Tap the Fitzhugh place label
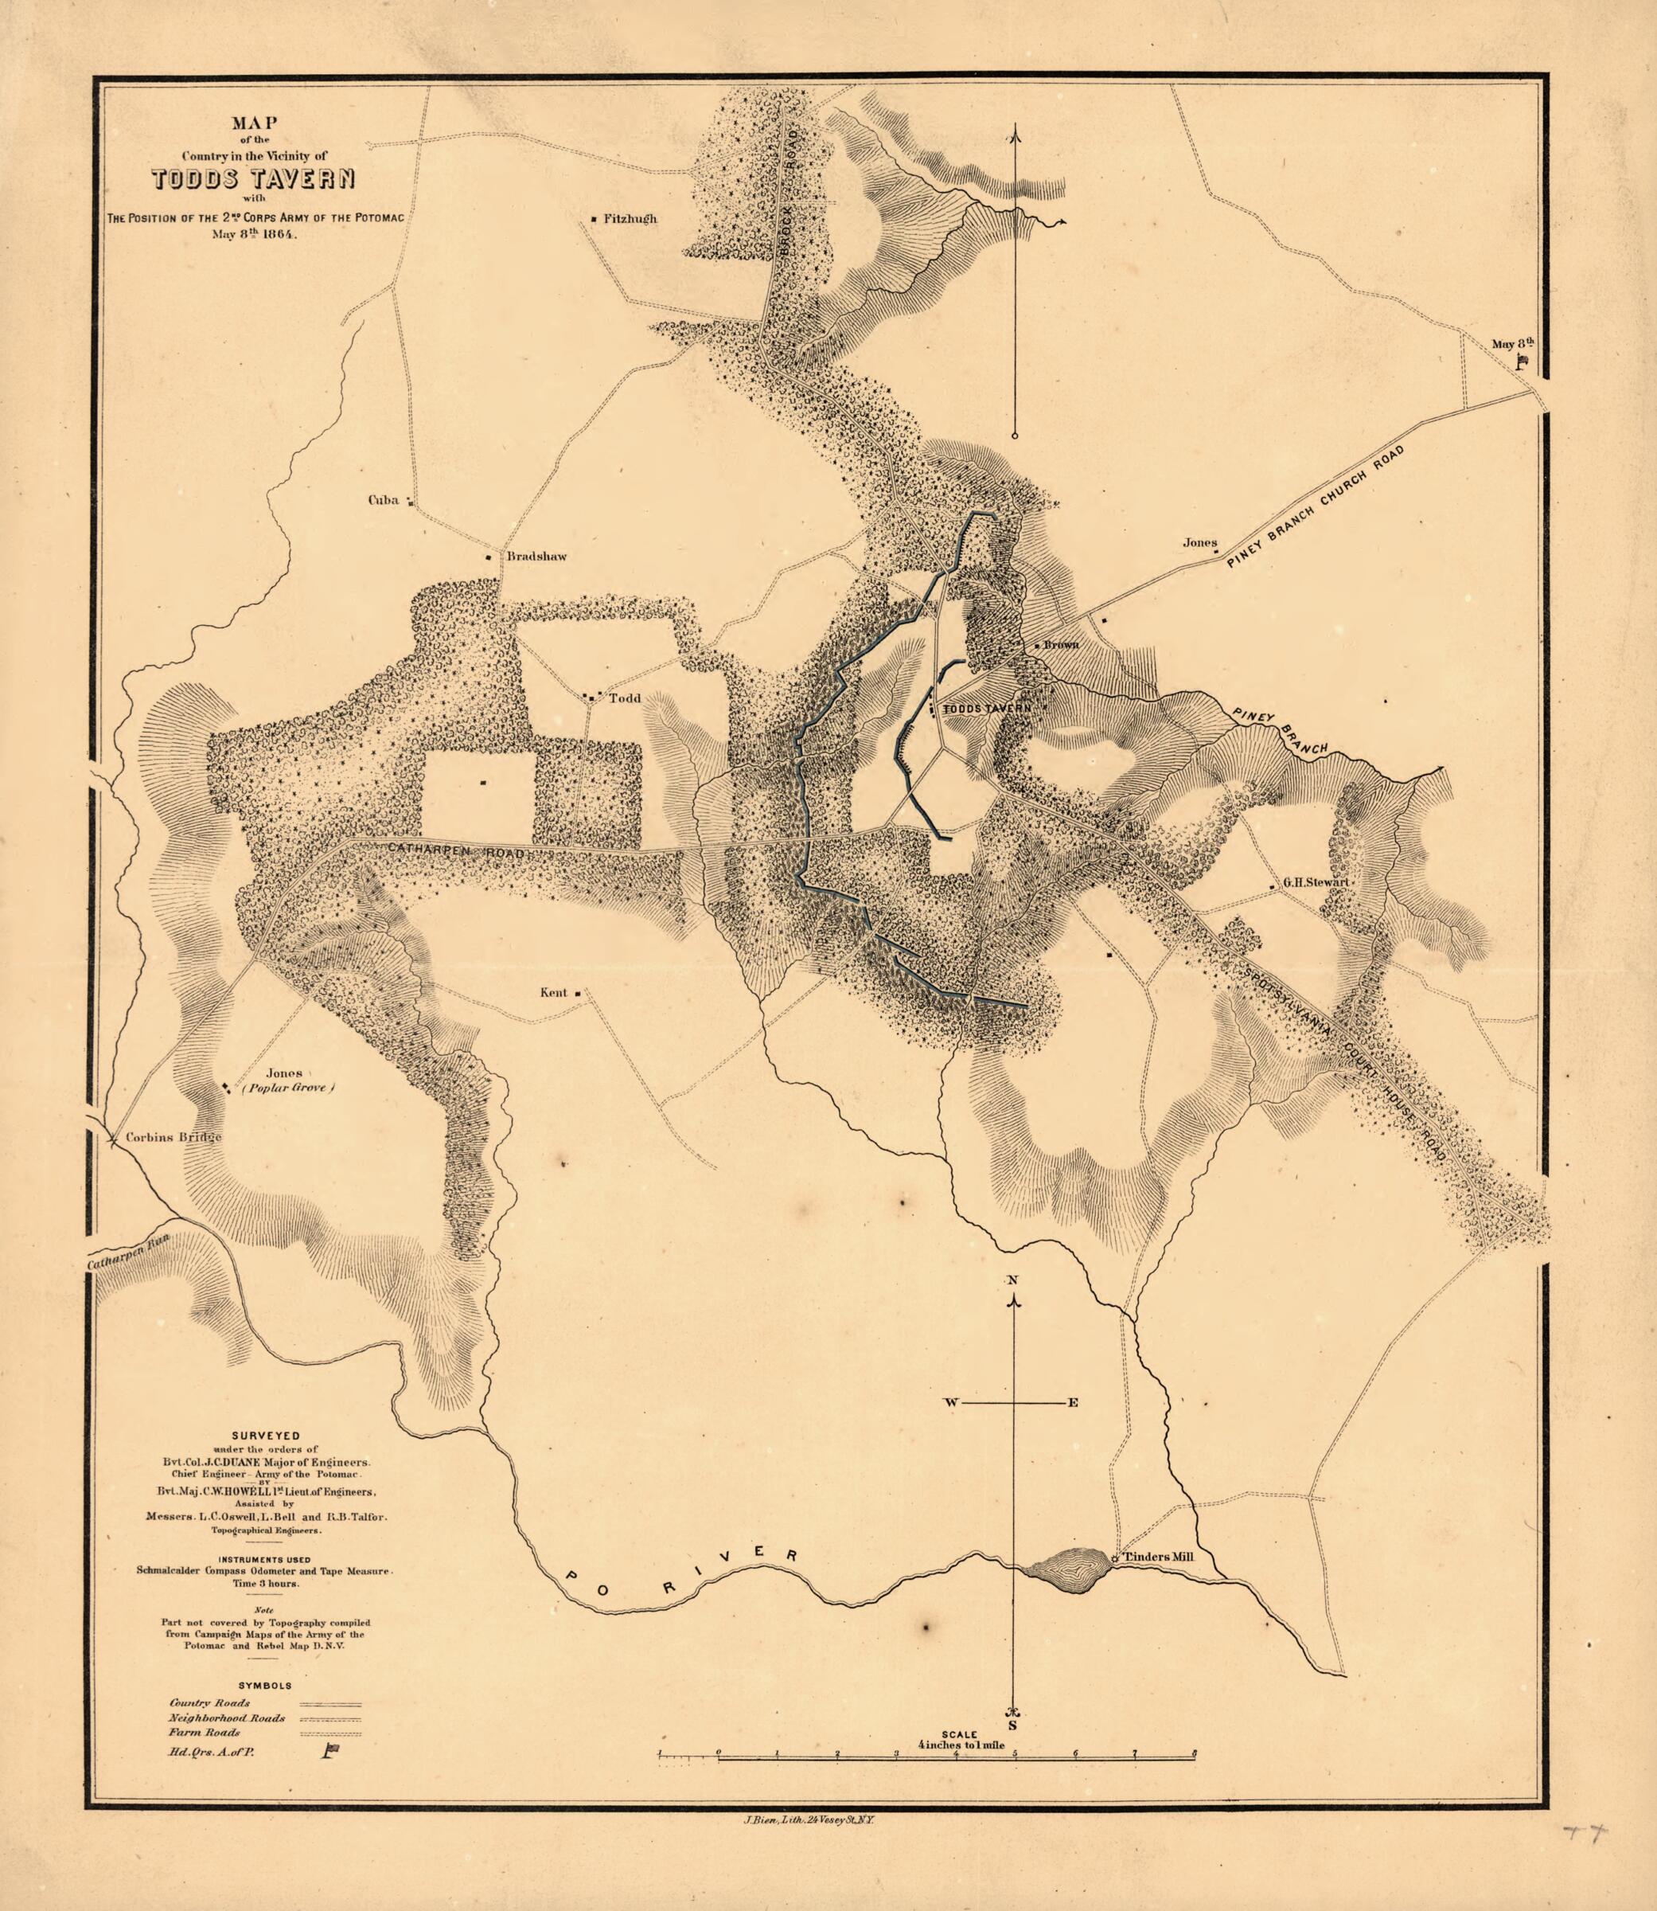tap(630, 219)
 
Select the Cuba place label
tap(384, 500)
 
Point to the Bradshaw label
tap(536, 557)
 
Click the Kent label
tap(553, 992)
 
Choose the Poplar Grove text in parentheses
tap(287, 1088)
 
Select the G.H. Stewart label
tap(1316, 882)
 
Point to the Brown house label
tap(1061, 645)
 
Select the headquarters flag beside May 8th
tap(1521, 362)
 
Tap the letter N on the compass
tap(1012, 1280)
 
